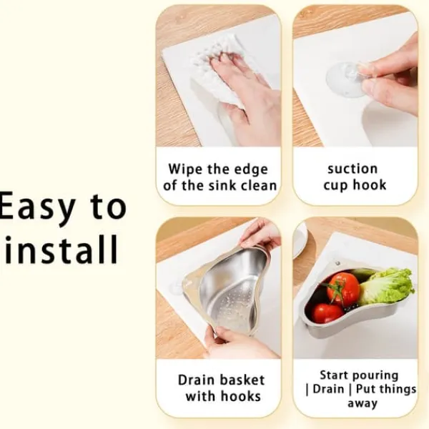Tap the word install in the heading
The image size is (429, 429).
(61, 250)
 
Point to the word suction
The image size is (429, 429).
(352, 169)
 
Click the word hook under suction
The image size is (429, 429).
(370, 184)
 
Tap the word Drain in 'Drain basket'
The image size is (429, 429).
(196, 380)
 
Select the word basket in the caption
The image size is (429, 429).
(242, 380)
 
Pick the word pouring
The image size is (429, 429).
(378, 375)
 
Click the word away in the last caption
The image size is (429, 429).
(363, 403)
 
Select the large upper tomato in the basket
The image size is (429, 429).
(343, 289)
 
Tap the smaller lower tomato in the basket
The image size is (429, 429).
(327, 313)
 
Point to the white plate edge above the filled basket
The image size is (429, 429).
(300, 241)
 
